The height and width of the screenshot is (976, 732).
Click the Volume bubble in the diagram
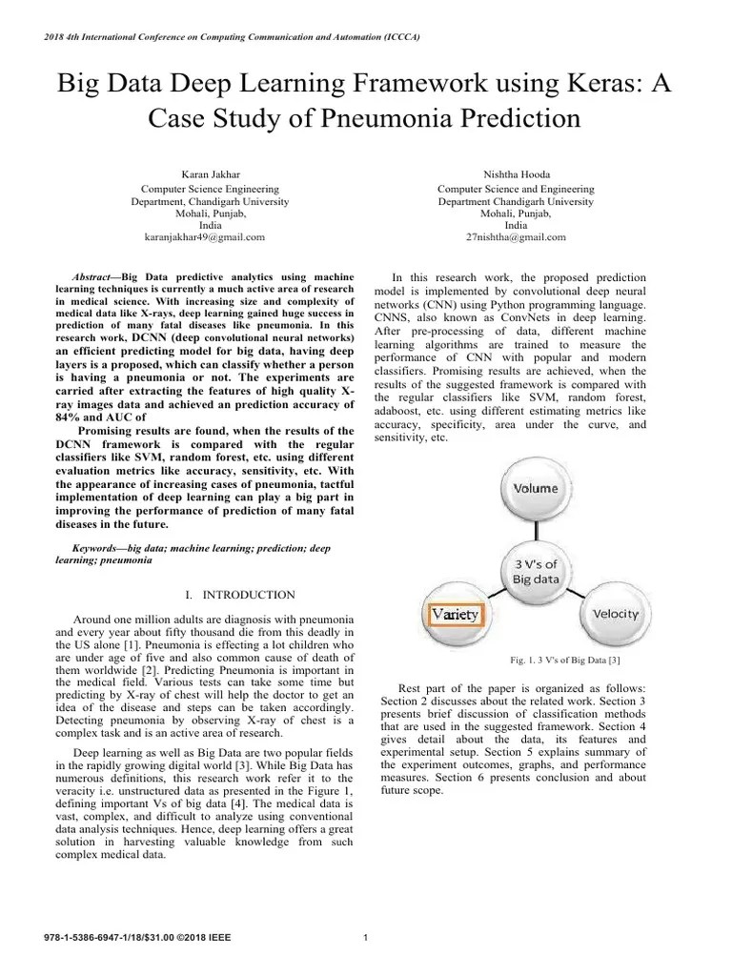tap(536, 488)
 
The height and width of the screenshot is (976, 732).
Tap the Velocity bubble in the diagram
tap(615, 613)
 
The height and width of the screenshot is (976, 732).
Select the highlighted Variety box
tap(456, 615)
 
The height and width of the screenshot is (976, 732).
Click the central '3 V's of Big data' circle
tap(536, 571)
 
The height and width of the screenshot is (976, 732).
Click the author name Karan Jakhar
tap(210, 174)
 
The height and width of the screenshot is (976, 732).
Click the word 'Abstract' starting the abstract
tap(94, 274)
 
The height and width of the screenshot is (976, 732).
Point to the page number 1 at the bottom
tap(366, 936)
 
